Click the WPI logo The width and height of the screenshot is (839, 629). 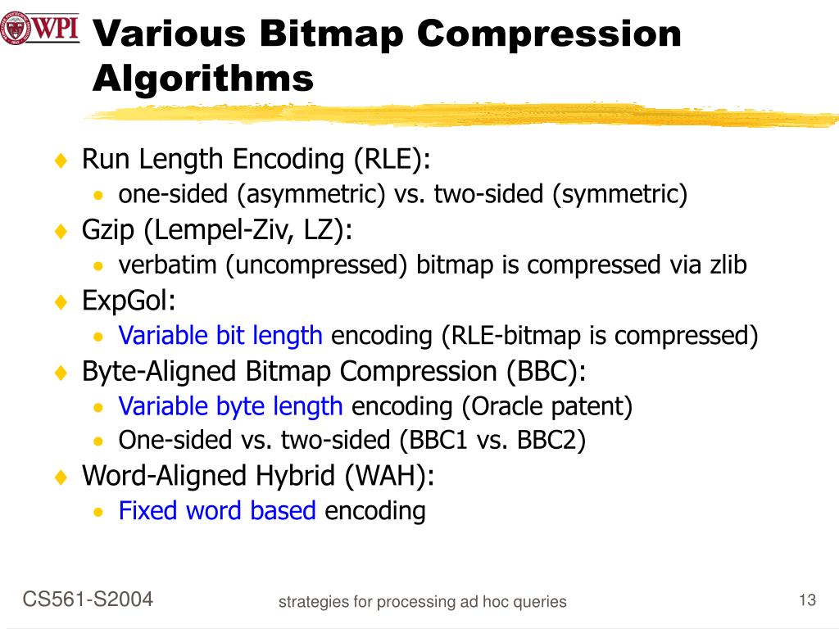tap(39, 29)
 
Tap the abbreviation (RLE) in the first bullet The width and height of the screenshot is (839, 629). tap(392, 159)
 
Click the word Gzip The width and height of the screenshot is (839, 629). tap(107, 231)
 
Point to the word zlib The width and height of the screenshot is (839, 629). tap(728, 265)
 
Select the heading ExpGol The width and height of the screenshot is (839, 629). tap(129, 301)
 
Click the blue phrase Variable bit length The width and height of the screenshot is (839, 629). tap(220, 336)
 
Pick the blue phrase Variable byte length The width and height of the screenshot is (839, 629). tap(230, 406)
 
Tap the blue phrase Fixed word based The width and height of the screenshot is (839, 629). tap(217, 510)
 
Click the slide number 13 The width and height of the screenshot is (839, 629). tap(807, 600)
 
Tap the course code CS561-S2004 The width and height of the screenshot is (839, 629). tap(88, 599)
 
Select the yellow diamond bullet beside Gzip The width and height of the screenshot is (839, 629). tap(61, 231)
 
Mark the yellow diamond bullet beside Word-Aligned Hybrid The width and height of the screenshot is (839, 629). tap(61, 476)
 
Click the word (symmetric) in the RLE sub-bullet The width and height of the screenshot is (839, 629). tap(620, 194)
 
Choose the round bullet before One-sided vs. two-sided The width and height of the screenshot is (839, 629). tap(98, 441)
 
